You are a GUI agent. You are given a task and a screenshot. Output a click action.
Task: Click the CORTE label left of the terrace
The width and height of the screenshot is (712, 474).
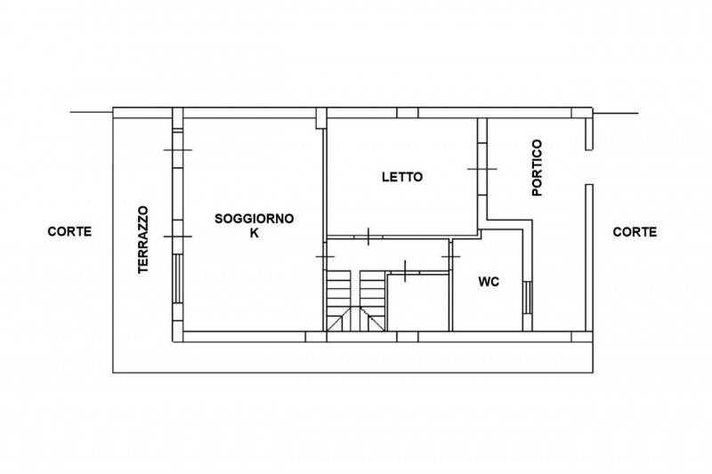click(69, 231)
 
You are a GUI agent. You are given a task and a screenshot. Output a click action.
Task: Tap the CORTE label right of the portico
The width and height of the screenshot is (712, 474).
click(635, 232)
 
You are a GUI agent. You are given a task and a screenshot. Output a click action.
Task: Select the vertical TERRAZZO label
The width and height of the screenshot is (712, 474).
click(143, 240)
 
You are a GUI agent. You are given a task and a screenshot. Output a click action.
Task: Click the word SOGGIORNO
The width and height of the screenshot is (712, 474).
click(255, 219)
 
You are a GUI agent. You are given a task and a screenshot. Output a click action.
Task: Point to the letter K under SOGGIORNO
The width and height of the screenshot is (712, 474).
click(255, 233)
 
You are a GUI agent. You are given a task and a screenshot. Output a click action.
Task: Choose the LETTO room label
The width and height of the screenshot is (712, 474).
click(402, 177)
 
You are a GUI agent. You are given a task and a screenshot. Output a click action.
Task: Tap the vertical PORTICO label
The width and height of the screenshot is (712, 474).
click(537, 167)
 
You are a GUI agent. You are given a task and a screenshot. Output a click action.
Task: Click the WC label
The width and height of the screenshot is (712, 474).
click(489, 282)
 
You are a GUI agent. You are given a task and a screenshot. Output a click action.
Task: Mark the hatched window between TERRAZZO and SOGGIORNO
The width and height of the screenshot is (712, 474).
click(178, 278)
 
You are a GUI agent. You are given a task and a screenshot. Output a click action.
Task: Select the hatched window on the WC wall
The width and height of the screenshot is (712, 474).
click(527, 298)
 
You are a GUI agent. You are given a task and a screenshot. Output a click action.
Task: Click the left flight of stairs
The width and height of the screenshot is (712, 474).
click(339, 301)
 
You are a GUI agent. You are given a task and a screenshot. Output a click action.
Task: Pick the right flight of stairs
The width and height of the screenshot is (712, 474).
click(372, 301)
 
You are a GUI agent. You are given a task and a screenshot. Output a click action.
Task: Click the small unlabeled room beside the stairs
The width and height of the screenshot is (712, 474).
click(418, 302)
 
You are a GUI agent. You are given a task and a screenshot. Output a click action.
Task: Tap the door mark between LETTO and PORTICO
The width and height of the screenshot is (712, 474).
click(482, 169)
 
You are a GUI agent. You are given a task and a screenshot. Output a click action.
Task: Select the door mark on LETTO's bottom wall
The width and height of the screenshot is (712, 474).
click(368, 237)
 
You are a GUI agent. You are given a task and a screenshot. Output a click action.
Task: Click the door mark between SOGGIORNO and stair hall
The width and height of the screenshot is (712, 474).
click(325, 257)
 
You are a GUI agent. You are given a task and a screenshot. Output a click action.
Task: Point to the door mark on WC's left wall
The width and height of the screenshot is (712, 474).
click(451, 257)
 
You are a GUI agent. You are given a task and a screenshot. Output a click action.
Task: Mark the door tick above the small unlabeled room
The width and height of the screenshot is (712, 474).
click(405, 270)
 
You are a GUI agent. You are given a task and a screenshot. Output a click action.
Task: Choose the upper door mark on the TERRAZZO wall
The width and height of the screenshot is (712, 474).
click(178, 149)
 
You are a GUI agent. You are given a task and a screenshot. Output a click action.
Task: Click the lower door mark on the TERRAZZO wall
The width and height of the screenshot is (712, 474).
click(178, 237)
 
